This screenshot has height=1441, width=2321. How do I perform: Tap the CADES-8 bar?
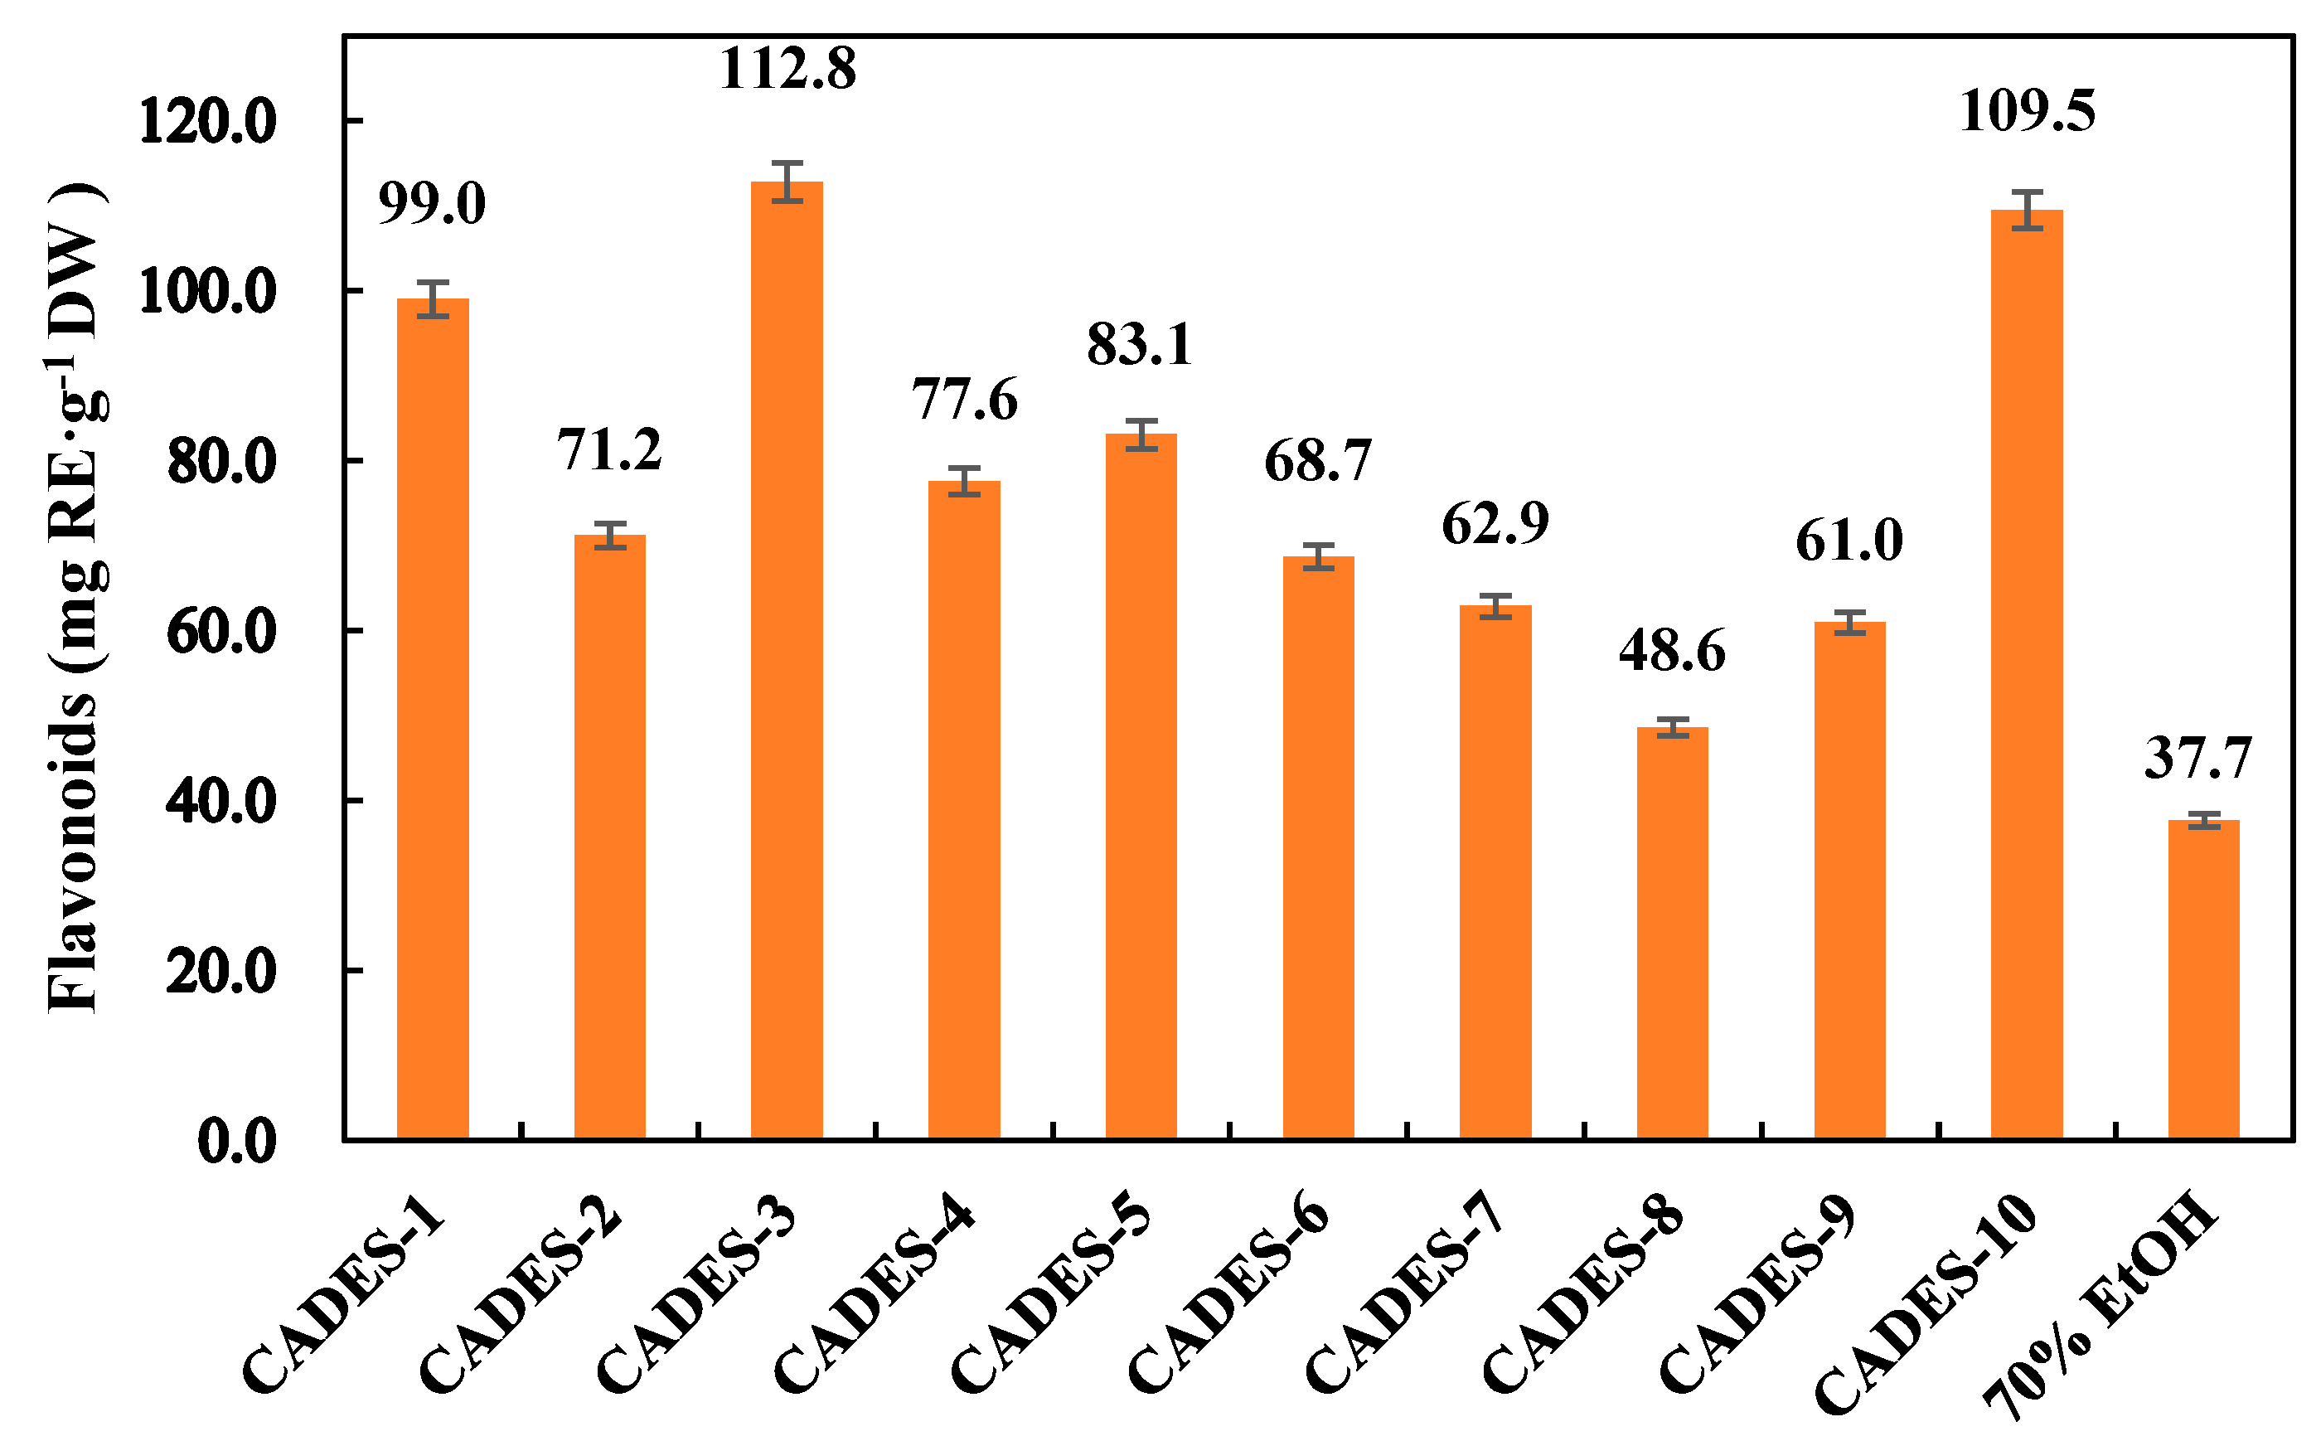tap(1672, 933)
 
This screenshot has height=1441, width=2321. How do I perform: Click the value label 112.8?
tap(787, 70)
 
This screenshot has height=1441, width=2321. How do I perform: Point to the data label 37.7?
tap(2198, 759)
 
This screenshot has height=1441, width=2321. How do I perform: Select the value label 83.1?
tap(1140, 345)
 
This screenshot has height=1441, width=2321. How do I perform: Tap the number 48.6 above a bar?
tap(1672, 653)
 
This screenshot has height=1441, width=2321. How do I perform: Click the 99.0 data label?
tap(432, 205)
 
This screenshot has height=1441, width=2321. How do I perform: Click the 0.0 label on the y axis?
tap(236, 1142)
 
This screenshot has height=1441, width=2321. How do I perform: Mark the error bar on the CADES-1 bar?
tap(433, 299)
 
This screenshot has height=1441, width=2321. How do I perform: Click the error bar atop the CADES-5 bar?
tap(1141, 434)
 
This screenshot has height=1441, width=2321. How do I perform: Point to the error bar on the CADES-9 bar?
tap(1849, 623)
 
